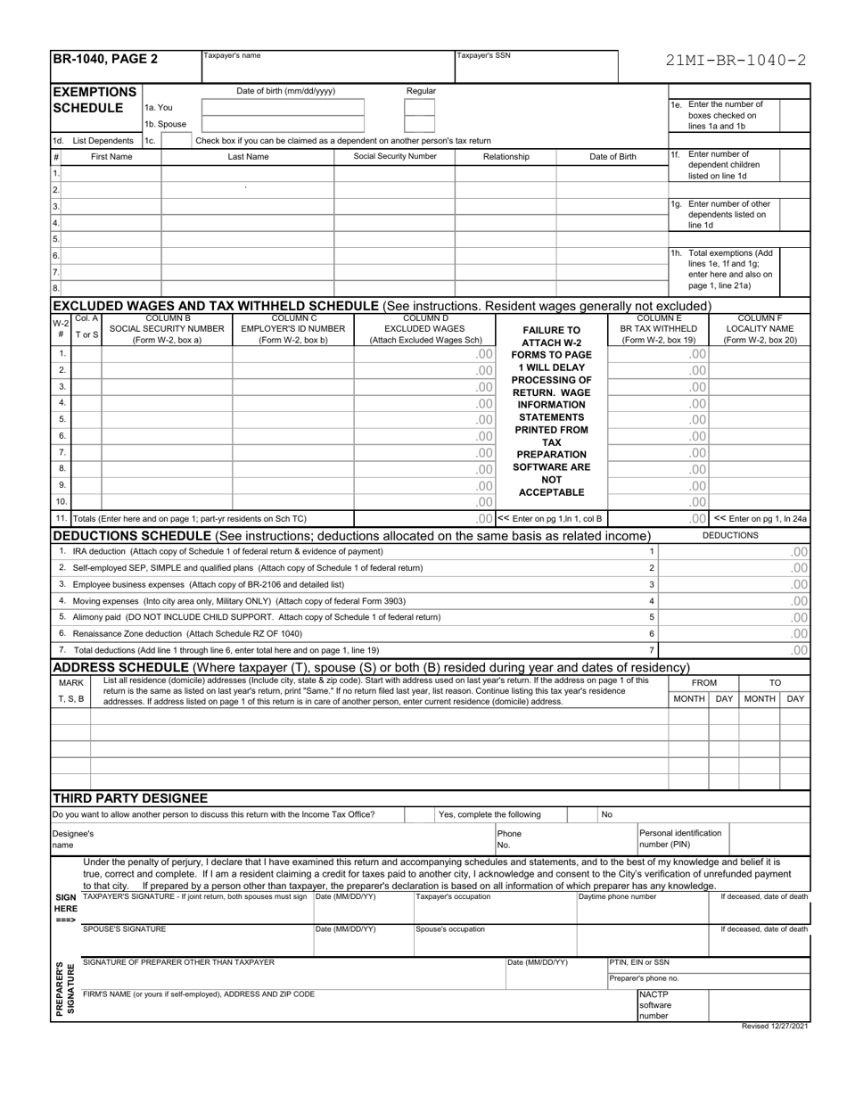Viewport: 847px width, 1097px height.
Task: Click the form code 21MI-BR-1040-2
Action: click(736, 62)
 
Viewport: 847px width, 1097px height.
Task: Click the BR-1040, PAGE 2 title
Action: click(105, 60)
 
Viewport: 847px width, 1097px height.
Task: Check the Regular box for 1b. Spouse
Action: click(419, 124)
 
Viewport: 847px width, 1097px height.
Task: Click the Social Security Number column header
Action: click(395, 157)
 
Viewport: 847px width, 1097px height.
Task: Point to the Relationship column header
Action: click(506, 157)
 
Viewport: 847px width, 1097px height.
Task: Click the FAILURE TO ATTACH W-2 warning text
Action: click(552, 335)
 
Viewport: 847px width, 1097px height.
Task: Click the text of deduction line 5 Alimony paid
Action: click(257, 617)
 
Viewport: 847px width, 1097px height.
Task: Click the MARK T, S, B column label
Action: click(71, 690)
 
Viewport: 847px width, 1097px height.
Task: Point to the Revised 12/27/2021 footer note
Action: click(775, 1027)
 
